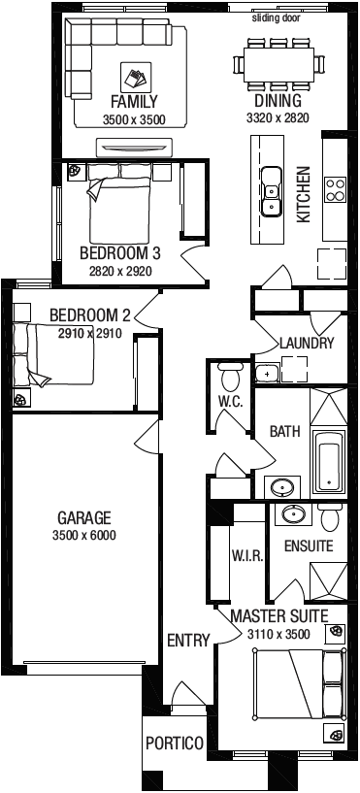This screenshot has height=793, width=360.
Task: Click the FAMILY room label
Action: tap(134, 102)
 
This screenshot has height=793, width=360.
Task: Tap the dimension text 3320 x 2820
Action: tap(278, 118)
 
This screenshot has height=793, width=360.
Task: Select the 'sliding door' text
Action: tap(277, 18)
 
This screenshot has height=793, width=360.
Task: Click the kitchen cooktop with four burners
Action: tap(335, 189)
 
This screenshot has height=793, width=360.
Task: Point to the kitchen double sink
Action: tap(272, 191)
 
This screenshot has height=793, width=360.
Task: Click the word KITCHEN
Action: tap(303, 195)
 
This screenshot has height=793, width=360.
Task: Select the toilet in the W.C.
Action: tap(230, 377)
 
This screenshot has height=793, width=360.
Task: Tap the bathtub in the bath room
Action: tap(329, 462)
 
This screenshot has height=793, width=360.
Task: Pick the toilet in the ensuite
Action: tap(331, 517)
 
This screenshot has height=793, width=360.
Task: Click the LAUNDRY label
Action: tap(307, 344)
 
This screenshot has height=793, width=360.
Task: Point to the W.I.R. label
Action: tap(247, 556)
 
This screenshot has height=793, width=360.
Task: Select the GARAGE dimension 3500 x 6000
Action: tap(83, 535)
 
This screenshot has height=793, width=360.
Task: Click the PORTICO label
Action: tap(175, 743)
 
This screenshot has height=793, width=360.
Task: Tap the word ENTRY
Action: tap(188, 641)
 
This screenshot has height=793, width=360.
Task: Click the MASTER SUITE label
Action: tap(279, 616)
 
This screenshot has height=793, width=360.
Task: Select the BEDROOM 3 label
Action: tap(120, 252)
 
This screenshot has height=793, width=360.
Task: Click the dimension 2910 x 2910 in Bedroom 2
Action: tap(90, 333)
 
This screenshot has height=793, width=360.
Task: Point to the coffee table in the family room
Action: tap(136, 78)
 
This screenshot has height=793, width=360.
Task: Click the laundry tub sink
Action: tap(267, 374)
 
